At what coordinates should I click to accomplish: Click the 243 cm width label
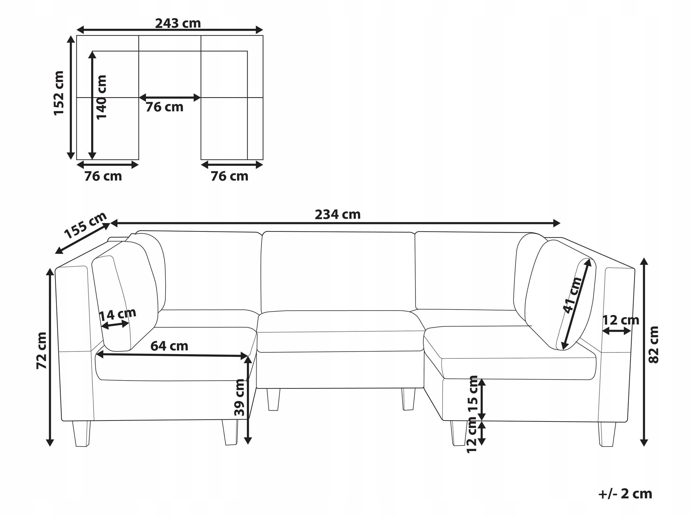point(178,23)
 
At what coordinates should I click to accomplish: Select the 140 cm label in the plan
point(101,97)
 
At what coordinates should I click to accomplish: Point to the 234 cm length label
point(337,214)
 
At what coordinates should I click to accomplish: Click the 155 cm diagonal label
point(85,225)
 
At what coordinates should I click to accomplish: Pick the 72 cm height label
point(42,351)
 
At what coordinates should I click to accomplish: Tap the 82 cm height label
point(654,345)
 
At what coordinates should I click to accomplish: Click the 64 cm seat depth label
point(169,346)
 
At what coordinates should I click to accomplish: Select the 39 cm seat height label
point(240,397)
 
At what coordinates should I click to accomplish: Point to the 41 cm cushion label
point(572,295)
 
